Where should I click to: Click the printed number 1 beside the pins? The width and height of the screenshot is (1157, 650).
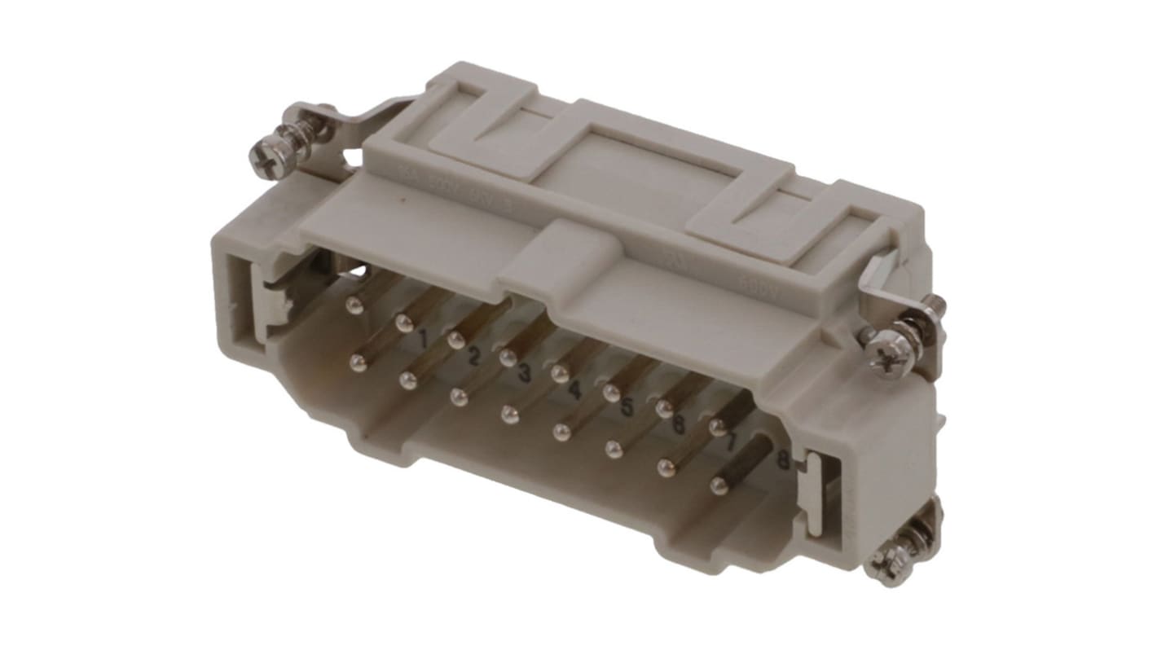[423, 337]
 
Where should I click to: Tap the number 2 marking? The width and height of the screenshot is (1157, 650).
[473, 355]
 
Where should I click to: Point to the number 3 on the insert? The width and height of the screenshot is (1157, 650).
[525, 374]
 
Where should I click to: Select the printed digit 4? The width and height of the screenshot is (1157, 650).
[574, 390]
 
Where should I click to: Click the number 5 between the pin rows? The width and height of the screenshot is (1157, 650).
[626, 406]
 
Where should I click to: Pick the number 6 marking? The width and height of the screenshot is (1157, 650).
[678, 424]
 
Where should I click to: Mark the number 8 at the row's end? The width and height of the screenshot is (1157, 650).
[783, 460]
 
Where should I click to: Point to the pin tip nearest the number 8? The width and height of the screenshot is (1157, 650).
[718, 486]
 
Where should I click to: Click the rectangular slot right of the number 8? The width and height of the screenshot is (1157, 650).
[823, 492]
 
